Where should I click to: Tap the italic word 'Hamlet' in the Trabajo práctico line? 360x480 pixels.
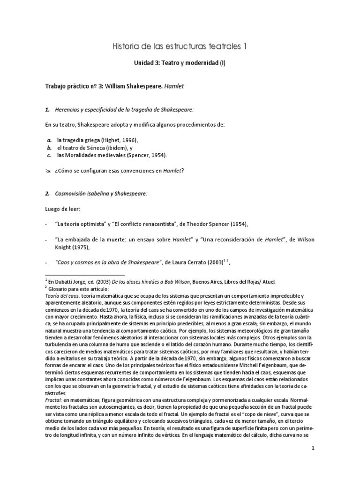click(173, 87)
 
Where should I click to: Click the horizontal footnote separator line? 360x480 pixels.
click(84, 275)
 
